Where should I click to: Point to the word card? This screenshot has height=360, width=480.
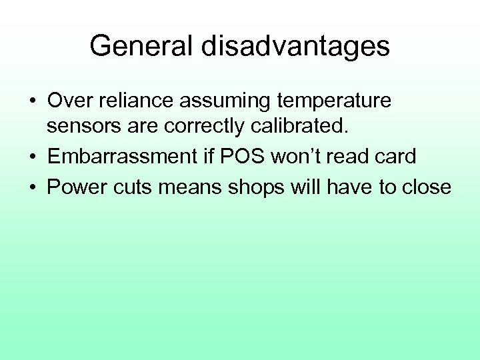point(397,157)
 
